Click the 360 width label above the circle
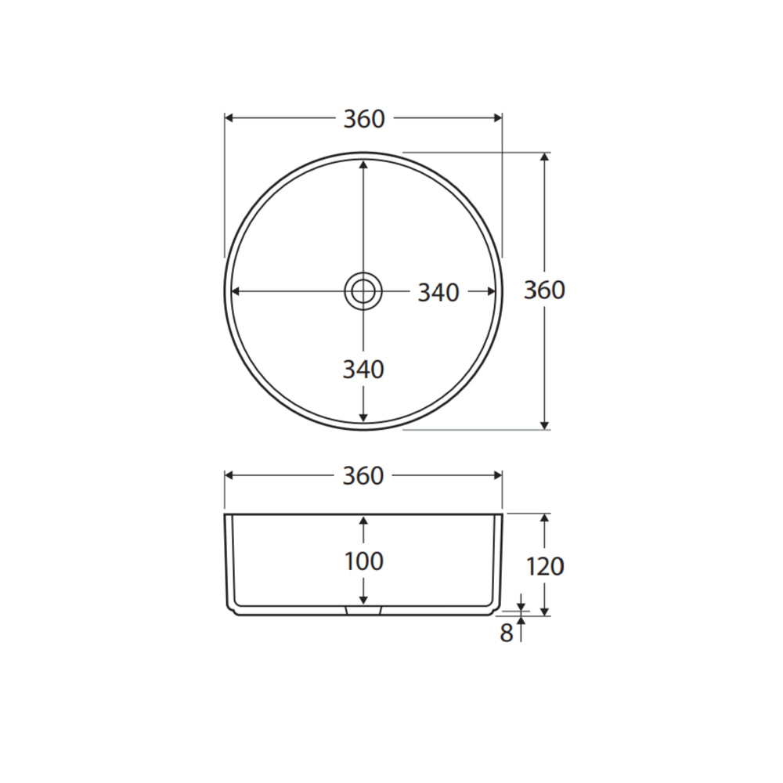(x=364, y=119)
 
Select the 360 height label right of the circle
(x=544, y=290)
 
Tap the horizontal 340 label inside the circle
(x=438, y=293)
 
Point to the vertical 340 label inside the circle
(x=363, y=370)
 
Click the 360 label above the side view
(x=363, y=475)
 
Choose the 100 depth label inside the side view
(x=364, y=561)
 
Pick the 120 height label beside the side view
(x=545, y=566)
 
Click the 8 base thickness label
(x=507, y=633)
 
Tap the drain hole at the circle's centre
(x=363, y=291)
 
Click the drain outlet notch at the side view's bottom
(x=363, y=610)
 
